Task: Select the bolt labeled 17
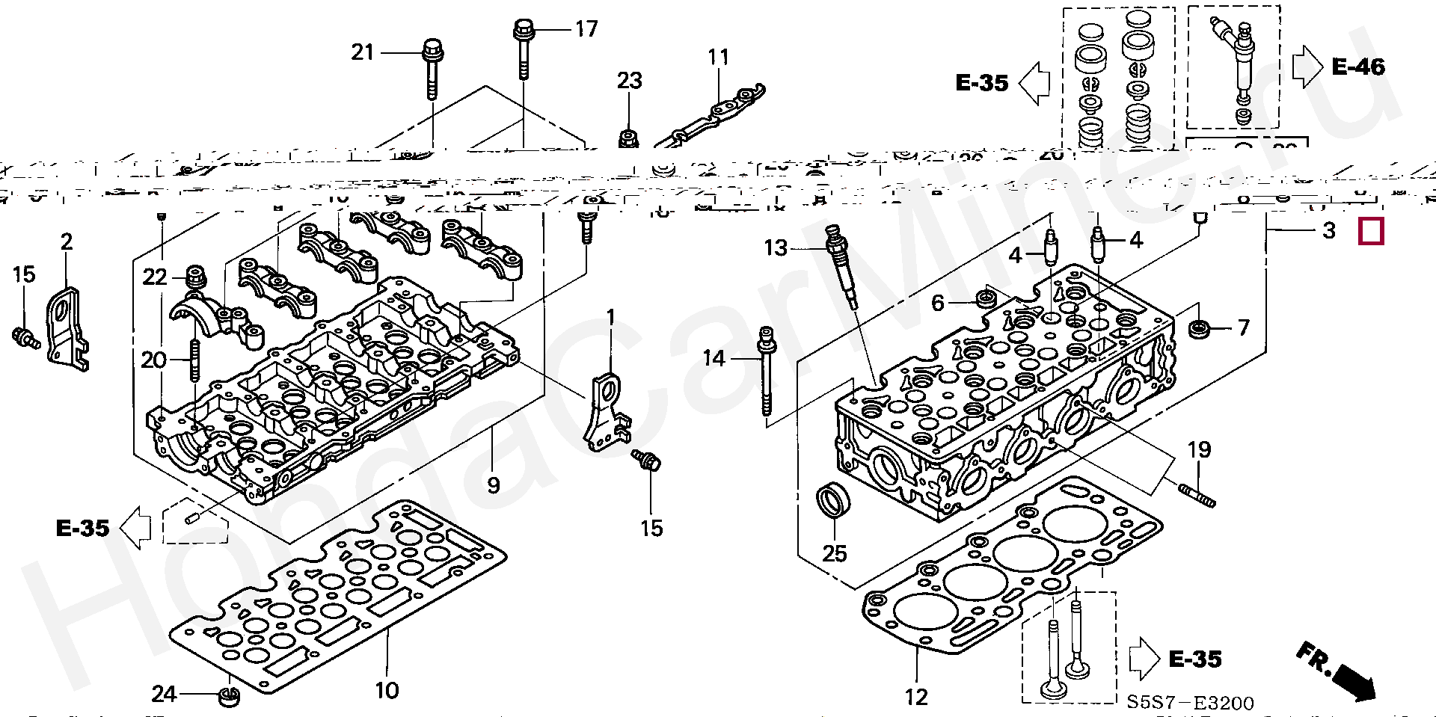click(x=522, y=49)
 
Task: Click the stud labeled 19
click(x=1197, y=496)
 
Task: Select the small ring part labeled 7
click(x=1200, y=328)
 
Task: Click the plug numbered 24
click(x=228, y=696)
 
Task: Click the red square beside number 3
click(x=1371, y=231)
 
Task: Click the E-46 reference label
click(x=1358, y=67)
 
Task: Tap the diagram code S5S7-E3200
click(x=1190, y=703)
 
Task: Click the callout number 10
click(x=387, y=689)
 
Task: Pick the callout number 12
click(x=916, y=697)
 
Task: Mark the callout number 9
click(x=493, y=485)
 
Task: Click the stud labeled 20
click(x=195, y=360)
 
